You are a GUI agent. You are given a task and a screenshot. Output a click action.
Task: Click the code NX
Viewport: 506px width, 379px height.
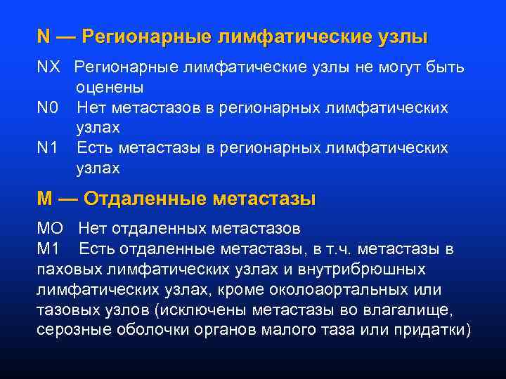pyautogui.click(x=48, y=67)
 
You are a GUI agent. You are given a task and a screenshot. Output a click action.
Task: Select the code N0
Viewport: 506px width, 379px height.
pyautogui.click(x=48, y=108)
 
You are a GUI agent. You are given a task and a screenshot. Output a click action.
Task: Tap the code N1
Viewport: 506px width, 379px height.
pyautogui.click(x=48, y=148)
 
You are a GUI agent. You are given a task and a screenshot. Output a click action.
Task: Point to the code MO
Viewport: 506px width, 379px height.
pyautogui.click(x=50, y=228)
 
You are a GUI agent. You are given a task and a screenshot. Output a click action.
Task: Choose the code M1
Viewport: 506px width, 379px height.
pyautogui.click(x=49, y=248)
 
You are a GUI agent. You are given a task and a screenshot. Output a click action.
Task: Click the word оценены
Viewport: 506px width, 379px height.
pyautogui.click(x=110, y=88)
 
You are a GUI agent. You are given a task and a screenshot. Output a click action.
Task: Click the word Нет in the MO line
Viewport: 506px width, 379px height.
pyautogui.click(x=92, y=228)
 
